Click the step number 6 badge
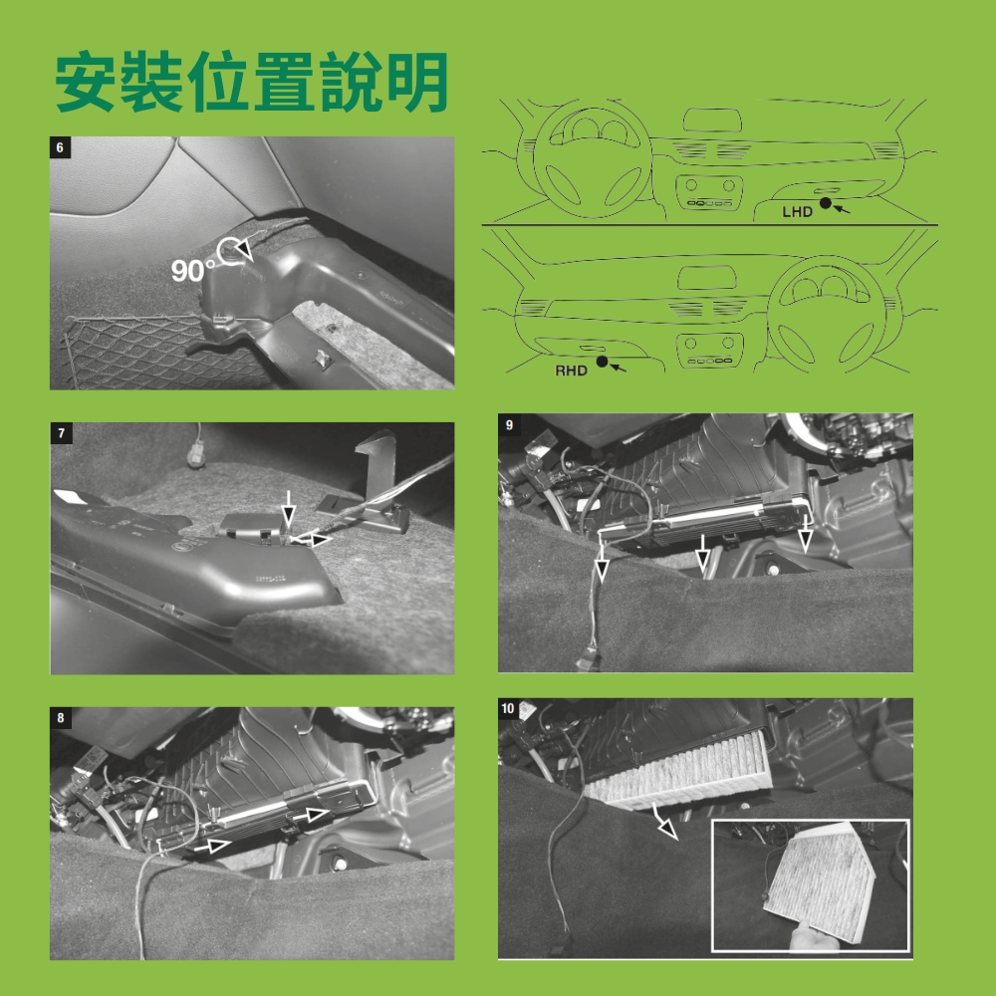pos(60,148)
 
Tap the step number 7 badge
pos(61,434)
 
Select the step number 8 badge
pos(61,718)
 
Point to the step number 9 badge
pos(509,425)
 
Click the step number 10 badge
pos(508,709)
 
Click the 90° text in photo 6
pos(192,271)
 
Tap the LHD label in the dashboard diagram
pos(797,212)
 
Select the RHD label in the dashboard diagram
pos(571,371)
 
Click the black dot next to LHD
pos(825,203)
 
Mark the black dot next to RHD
pos(603,362)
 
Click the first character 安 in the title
pos(86,82)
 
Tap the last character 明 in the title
pos(417,82)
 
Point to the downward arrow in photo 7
pos(289,508)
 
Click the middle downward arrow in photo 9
pos(702,552)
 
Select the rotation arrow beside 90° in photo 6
pos(235,250)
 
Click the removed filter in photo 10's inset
pos(820,879)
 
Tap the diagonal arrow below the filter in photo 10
pos(665,821)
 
